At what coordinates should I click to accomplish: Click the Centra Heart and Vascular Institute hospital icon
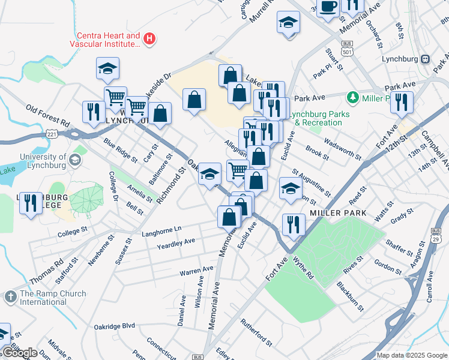tap(149, 40)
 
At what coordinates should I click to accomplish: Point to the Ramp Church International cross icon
tap(10, 297)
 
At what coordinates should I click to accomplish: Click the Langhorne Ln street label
tap(161, 229)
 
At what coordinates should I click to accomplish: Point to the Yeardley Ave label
tap(176, 241)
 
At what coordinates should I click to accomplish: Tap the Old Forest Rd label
tap(48, 116)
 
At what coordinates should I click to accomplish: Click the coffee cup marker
tap(328, 7)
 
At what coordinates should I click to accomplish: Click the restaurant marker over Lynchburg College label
tap(31, 203)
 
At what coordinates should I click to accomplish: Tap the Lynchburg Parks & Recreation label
tap(316, 118)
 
